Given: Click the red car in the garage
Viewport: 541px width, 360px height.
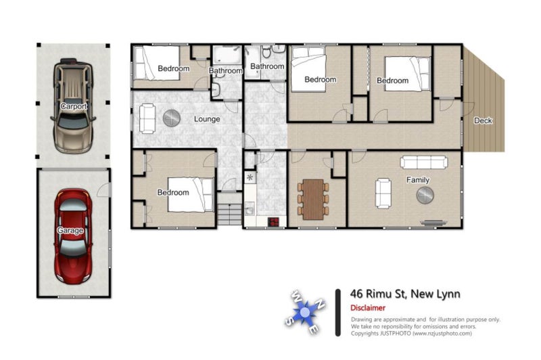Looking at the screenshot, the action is tap(73, 235).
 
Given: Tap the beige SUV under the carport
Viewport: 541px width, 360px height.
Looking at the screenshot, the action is tap(73, 106).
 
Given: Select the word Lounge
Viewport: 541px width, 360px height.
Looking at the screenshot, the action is tap(207, 119).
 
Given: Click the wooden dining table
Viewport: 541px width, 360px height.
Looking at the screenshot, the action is tap(313, 200).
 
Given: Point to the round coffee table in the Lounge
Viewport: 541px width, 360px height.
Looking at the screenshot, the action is tap(172, 118).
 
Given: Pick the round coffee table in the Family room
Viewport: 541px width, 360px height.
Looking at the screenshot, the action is tap(425, 196).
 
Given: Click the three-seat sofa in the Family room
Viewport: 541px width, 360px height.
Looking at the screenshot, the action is tap(424, 162).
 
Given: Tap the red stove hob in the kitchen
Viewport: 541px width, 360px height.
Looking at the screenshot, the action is tap(274, 221).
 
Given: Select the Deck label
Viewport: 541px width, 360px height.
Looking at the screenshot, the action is tap(483, 120).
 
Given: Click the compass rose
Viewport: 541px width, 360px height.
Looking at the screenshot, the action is tap(305, 312).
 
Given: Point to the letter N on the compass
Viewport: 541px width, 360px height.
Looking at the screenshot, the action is tap(321, 304).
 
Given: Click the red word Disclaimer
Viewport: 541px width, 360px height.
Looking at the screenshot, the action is tap(368, 308).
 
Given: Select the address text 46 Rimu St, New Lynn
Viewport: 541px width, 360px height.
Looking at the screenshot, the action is tap(405, 294).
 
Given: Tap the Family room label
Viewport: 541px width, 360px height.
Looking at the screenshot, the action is tap(418, 180).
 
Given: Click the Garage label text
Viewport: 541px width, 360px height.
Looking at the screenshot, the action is tap(70, 230).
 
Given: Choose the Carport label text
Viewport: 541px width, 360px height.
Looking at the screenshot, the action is tap(74, 106).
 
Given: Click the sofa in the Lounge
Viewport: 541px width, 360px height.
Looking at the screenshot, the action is tap(147, 118).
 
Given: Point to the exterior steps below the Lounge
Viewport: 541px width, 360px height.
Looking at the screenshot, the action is tap(229, 209).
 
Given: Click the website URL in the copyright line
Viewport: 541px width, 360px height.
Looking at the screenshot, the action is tap(442, 334).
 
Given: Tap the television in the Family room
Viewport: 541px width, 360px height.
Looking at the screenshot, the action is tap(433, 223).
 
